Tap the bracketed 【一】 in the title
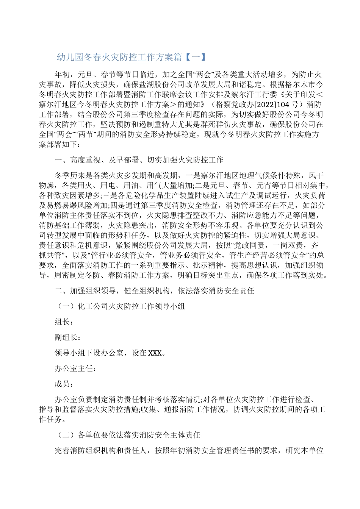(194, 57)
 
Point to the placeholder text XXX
(155, 353)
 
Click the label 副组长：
(67, 337)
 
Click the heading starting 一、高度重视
(139, 160)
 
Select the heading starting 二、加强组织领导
(154, 291)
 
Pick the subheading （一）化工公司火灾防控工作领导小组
(120, 306)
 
